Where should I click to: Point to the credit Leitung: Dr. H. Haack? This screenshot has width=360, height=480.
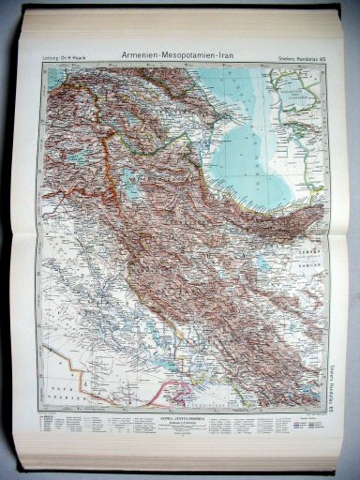(65, 61)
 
